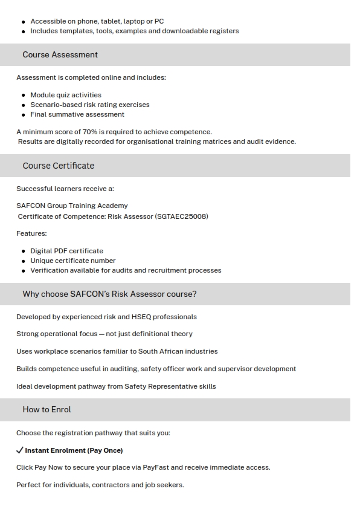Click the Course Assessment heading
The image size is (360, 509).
click(60, 55)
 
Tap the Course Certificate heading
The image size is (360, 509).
click(58, 166)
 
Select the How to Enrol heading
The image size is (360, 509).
click(47, 410)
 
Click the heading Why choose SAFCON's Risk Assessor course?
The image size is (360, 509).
click(109, 294)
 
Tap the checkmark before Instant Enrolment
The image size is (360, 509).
click(20, 450)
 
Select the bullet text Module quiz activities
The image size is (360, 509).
click(66, 95)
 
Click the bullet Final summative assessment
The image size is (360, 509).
click(77, 114)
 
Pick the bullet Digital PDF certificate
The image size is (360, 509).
click(66, 251)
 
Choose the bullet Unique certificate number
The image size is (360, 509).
click(73, 261)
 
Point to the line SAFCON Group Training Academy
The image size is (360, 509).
click(72, 206)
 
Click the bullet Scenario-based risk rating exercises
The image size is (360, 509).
click(90, 105)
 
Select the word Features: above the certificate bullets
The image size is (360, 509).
click(31, 233)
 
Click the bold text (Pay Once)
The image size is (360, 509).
click(105, 450)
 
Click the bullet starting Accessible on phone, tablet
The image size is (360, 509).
click(97, 21)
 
